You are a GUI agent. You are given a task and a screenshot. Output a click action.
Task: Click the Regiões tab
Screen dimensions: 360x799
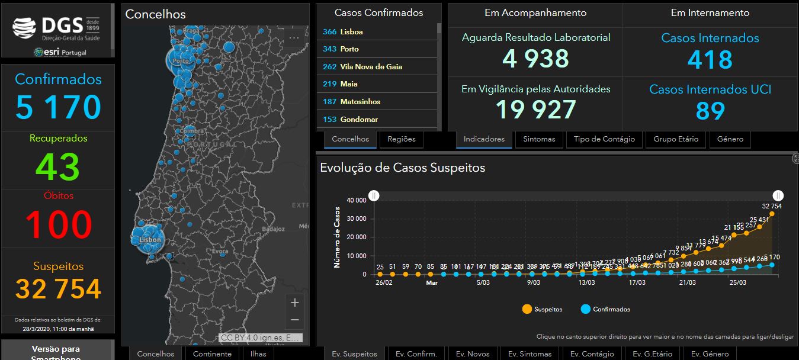pos(402,139)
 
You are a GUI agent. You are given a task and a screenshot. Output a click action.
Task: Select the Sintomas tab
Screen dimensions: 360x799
pos(539,139)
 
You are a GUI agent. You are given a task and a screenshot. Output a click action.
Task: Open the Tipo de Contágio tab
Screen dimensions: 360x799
pos(604,139)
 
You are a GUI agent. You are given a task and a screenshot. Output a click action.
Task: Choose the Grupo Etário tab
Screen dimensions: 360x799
pos(676,139)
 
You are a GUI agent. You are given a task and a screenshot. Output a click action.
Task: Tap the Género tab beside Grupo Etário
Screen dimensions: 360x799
pos(730,139)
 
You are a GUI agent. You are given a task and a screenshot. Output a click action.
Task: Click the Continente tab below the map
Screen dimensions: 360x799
pos(213,353)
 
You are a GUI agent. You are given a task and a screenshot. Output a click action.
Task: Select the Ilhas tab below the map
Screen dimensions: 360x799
pos(258,353)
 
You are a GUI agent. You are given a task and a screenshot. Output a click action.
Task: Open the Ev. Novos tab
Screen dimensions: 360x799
pos(470,353)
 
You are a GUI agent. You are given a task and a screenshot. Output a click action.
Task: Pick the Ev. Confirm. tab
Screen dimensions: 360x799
pos(416,353)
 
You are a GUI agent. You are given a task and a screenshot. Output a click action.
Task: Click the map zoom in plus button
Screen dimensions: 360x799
pos(294,303)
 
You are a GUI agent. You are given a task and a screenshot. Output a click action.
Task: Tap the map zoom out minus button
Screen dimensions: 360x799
pos(294,320)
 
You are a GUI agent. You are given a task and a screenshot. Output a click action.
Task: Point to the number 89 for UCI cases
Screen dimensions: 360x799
pos(710,111)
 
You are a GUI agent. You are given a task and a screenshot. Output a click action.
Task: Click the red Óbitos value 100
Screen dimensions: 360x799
pos(58,225)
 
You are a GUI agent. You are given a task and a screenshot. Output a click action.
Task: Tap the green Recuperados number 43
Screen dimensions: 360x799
pos(58,166)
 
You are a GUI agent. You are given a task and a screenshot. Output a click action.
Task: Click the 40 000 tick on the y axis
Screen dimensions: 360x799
pos(357,200)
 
